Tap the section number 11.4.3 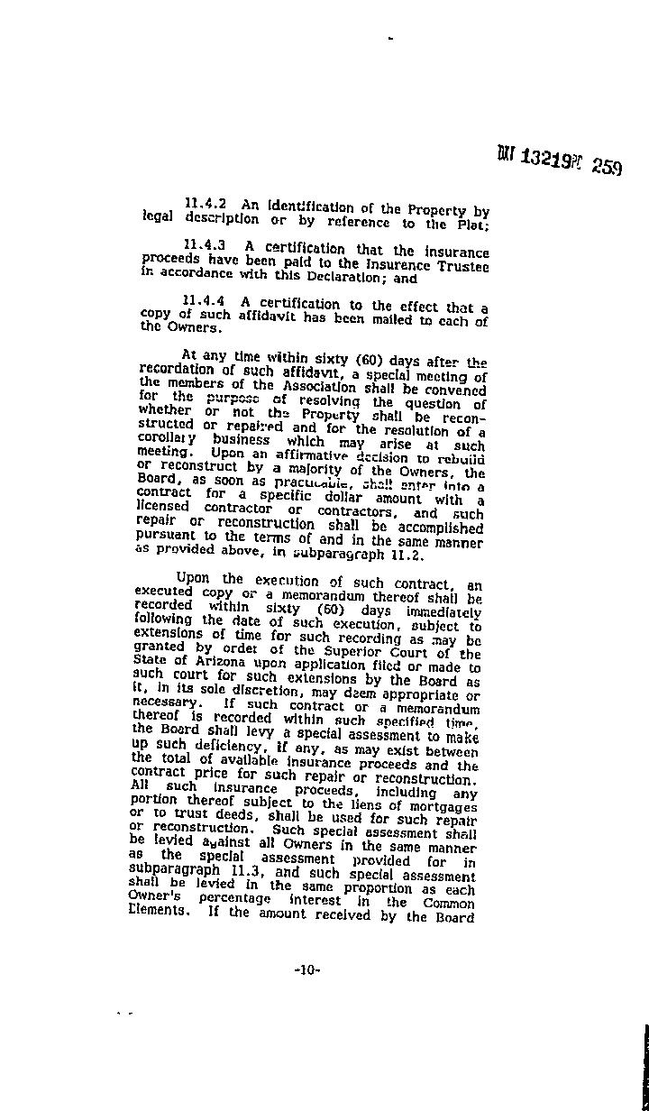pyautogui.click(x=204, y=243)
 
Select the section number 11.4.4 pyautogui.click(x=204, y=300)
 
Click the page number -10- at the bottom pyautogui.click(x=306, y=970)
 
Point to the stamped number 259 pyautogui.click(x=607, y=168)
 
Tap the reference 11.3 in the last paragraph pyautogui.click(x=245, y=874)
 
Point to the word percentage pyautogui.click(x=233, y=899)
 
